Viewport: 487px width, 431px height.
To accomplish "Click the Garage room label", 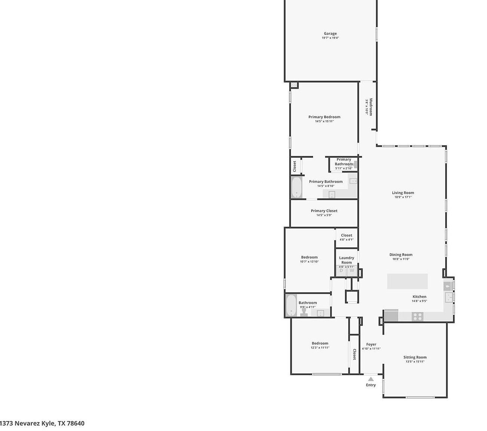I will (x=330, y=34).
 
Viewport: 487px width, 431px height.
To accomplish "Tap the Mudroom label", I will (x=371, y=107).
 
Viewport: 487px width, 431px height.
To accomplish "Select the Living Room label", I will (x=403, y=193).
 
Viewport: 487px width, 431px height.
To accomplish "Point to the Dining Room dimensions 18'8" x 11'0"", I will (x=401, y=259).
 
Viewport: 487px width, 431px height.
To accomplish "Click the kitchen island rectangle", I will (x=407, y=281).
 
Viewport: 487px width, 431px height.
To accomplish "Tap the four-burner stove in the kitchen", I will (x=417, y=317).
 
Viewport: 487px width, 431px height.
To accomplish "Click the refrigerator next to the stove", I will (x=391, y=315).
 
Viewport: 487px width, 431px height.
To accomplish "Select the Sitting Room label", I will (x=415, y=357).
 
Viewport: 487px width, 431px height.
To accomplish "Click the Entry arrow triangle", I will (x=371, y=379).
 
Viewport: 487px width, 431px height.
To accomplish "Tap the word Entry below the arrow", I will (x=371, y=385).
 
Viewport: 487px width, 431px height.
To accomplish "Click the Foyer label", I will (x=371, y=344).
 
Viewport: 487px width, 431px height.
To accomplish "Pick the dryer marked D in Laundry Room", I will (x=341, y=270).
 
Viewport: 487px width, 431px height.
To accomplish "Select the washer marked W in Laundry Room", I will (x=352, y=270).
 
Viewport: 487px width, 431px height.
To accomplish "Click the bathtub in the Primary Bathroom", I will (x=297, y=187).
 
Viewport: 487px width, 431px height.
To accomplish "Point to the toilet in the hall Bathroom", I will (x=304, y=311).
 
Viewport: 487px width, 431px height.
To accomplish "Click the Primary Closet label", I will (x=324, y=211).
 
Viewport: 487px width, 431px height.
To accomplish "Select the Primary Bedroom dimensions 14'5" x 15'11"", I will (x=324, y=121).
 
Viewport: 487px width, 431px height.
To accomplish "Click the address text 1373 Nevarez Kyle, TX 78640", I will (x=42, y=424).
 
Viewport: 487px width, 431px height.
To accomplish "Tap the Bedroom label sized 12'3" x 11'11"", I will (x=320, y=343).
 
